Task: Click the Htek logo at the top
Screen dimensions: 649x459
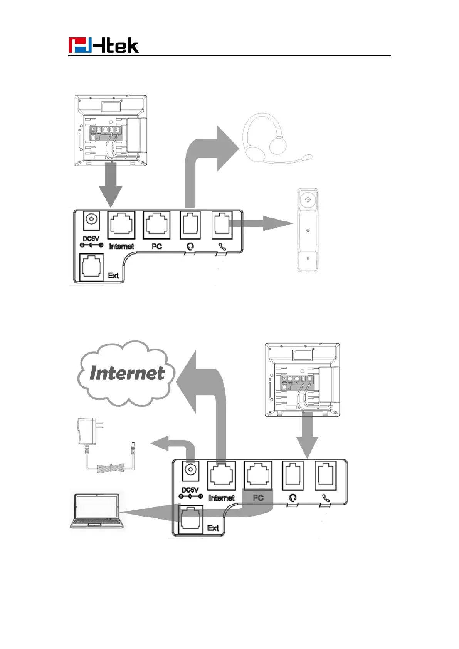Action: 103,45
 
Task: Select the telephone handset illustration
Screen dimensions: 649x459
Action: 308,230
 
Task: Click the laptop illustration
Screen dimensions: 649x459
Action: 97,510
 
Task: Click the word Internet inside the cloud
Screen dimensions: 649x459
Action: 127,373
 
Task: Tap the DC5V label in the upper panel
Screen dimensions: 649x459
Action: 91,239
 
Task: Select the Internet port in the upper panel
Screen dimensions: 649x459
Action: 121,225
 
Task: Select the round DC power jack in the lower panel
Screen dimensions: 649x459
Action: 190,470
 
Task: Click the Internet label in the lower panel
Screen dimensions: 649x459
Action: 221,498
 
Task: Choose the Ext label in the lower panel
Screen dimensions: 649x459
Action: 213,528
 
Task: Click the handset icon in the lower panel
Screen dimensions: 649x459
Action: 326,498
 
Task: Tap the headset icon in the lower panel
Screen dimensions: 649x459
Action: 293,498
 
